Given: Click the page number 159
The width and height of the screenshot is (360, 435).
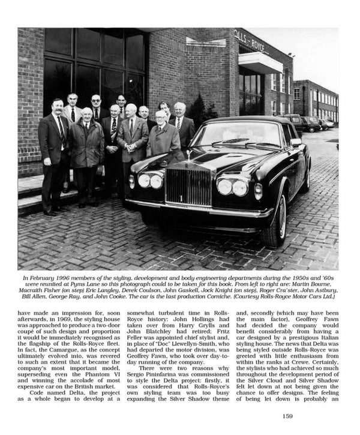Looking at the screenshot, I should coord(287,416).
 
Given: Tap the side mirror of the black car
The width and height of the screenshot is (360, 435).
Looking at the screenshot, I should coord(296,143).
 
